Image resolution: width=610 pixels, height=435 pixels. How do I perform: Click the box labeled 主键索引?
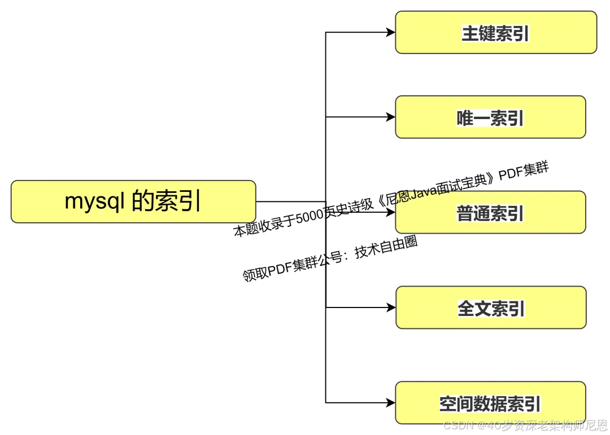[495, 33]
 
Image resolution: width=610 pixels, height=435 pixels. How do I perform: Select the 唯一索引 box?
[490, 117]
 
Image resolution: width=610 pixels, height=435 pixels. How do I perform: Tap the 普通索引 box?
[490, 213]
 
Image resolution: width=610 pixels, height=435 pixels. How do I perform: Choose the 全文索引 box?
[490, 308]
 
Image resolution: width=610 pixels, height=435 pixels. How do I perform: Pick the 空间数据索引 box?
[490, 403]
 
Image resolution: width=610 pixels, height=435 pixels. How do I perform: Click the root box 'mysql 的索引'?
[133, 201]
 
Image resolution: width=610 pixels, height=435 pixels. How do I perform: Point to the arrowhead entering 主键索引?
[390, 33]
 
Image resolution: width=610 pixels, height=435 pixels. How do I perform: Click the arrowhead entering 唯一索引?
[390, 117]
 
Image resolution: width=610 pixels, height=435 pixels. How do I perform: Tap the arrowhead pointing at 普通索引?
[390, 213]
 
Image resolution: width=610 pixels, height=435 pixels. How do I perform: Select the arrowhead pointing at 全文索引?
[390, 308]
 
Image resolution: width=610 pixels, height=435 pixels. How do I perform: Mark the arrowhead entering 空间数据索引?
[390, 403]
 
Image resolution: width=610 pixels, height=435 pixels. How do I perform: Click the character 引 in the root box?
[191, 201]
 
